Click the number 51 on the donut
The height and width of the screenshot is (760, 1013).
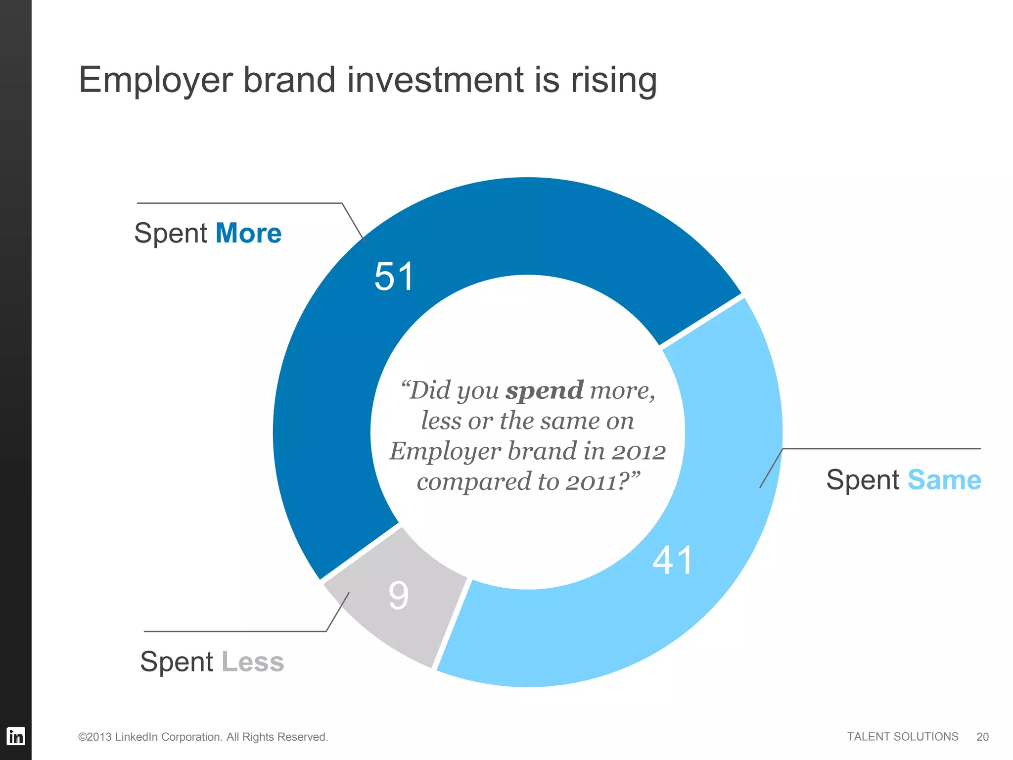(x=394, y=276)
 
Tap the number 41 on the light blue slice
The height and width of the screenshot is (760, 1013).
(x=672, y=560)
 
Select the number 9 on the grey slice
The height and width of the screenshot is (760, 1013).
(x=399, y=595)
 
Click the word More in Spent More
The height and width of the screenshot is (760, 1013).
(x=249, y=233)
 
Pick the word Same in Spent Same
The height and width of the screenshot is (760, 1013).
(x=944, y=480)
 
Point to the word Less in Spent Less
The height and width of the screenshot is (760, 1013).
(x=253, y=662)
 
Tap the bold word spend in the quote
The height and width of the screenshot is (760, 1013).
(x=545, y=390)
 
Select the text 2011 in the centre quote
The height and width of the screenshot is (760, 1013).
(x=592, y=482)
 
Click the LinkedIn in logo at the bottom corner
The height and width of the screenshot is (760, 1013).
(x=15, y=736)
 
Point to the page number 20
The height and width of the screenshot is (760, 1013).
(x=982, y=737)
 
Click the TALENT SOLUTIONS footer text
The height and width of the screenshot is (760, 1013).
(x=902, y=737)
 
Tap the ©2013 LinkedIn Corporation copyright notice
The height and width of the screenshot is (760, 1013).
(x=203, y=737)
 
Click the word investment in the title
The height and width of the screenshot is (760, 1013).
(x=435, y=80)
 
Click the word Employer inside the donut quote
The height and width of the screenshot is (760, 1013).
(x=445, y=451)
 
